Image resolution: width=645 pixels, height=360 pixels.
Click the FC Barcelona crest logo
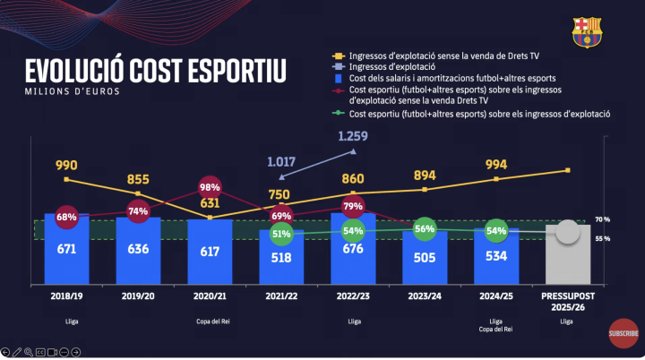pyautogui.click(x=588, y=31)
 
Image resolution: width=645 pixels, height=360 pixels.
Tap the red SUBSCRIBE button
pyautogui.click(x=623, y=333)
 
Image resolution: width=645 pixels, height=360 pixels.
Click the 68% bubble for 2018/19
pyautogui.click(x=65, y=218)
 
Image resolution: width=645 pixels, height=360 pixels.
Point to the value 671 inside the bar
pyautogui.click(x=66, y=250)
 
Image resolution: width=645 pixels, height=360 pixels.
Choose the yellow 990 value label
pyautogui.click(x=66, y=166)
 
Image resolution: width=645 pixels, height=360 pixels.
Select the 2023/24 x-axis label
pyautogui.click(x=424, y=294)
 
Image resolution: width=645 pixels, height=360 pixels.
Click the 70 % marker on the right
pyautogui.click(x=602, y=219)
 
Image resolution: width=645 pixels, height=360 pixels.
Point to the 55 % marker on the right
pyautogui.click(x=602, y=239)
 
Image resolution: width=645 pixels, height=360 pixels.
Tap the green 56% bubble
pyautogui.click(x=425, y=229)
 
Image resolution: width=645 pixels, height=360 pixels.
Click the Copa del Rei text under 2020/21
pyautogui.click(x=210, y=320)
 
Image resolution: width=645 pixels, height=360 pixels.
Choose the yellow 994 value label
pyautogui.click(x=495, y=165)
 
